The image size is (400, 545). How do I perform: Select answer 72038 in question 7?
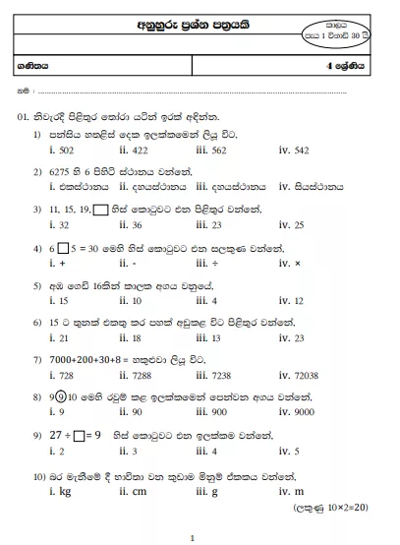pos(308,376)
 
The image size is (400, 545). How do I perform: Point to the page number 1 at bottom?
pos(193,537)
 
